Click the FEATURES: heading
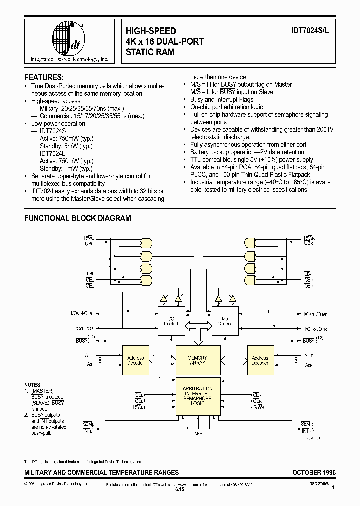[44, 77]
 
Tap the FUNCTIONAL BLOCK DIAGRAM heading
[78, 218]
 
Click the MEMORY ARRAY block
[197, 360]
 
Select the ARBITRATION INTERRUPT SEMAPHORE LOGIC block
[198, 395]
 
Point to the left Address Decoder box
[136, 360]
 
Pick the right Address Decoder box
[260, 360]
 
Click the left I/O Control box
[171, 321]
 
